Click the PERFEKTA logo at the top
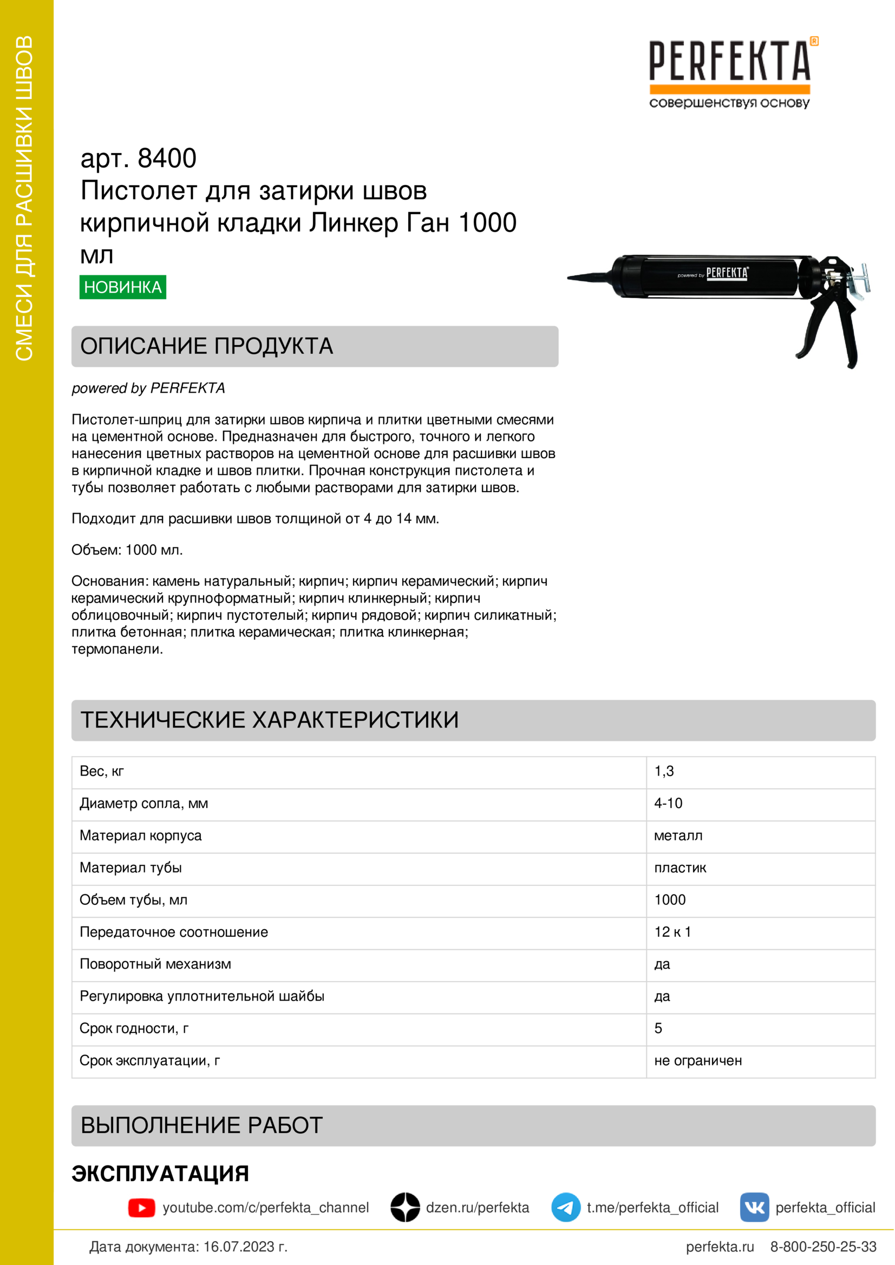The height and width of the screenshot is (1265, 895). click(730, 71)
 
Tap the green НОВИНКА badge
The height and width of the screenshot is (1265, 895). click(122, 287)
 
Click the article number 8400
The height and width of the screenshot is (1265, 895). click(167, 158)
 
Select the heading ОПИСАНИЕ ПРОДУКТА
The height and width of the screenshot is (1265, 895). click(207, 346)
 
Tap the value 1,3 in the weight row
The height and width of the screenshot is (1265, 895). click(664, 771)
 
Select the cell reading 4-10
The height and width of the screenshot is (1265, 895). click(668, 803)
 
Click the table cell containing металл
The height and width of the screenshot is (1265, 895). click(678, 835)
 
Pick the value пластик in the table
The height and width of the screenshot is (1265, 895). click(680, 867)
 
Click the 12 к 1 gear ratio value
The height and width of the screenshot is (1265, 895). click(672, 932)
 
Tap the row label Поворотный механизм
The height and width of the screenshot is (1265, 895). click(155, 964)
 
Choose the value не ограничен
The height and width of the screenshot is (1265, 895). click(697, 1061)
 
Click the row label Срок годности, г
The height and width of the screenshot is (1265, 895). click(134, 1028)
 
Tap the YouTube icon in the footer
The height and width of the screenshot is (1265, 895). click(142, 1208)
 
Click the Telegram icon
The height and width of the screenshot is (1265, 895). click(566, 1208)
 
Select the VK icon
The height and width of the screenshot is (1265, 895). click(754, 1208)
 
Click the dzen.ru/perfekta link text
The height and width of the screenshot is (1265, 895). click(477, 1208)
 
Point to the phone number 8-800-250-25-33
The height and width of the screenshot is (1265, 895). click(824, 1247)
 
